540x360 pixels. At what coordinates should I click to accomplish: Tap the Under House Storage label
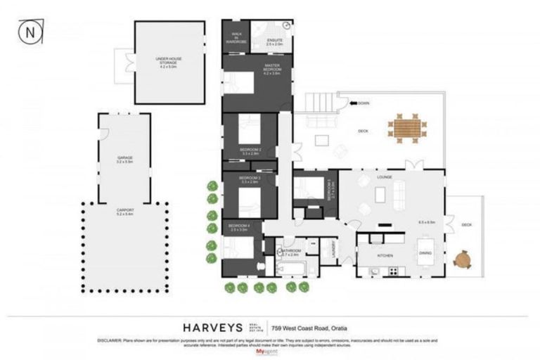tap(170, 62)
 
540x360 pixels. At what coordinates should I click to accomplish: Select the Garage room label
tap(125, 160)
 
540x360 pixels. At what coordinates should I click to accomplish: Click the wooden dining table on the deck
tap(406, 128)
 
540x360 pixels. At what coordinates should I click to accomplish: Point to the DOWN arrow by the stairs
tap(359, 103)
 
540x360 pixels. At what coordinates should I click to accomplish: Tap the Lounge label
tap(384, 177)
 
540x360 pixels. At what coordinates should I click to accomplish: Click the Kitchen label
tap(385, 255)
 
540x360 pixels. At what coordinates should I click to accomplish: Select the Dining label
tap(425, 253)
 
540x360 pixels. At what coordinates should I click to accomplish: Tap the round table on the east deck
tap(462, 260)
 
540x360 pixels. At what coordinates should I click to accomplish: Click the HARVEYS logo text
tap(212, 328)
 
